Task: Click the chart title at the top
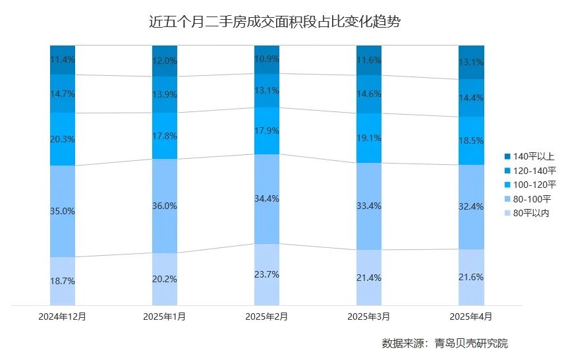(275, 21)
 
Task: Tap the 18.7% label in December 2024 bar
(63, 281)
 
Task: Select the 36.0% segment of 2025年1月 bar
(165, 206)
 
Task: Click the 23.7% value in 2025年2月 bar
(267, 274)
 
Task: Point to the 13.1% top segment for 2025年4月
(471, 63)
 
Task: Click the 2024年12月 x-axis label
(63, 316)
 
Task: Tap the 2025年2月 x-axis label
(267, 316)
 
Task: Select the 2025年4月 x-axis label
(471, 316)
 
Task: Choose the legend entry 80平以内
(531, 213)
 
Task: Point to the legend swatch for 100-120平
(507, 185)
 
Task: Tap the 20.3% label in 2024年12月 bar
(63, 139)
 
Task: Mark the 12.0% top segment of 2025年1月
(165, 60)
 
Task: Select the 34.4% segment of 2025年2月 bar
(267, 198)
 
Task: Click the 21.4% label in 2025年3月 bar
(369, 278)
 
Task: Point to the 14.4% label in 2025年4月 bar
(471, 98)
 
